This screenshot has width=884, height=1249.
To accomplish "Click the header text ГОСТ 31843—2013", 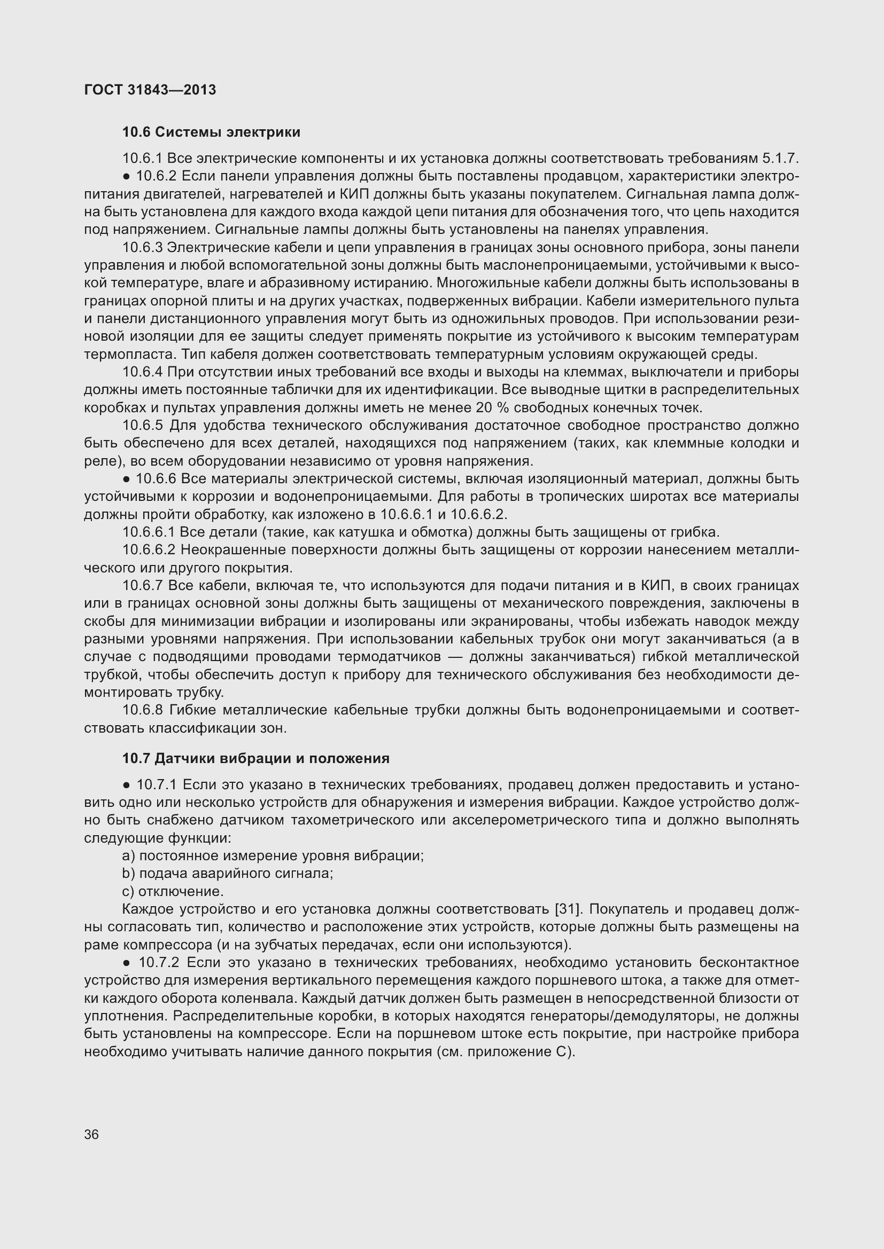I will [150, 90].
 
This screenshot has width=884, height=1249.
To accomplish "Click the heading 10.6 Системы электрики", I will [211, 132].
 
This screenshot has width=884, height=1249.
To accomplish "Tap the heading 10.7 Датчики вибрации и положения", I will [256, 758].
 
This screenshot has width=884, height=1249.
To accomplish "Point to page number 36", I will [91, 1134].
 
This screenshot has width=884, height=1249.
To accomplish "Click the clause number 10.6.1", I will [142, 159].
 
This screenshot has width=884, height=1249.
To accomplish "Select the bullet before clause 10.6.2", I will [126, 176].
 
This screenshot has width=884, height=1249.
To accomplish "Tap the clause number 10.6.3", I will [142, 248].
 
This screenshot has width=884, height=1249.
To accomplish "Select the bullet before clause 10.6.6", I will [126, 479].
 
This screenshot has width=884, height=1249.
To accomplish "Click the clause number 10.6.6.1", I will [149, 532].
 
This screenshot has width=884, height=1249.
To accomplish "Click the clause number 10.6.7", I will [142, 585].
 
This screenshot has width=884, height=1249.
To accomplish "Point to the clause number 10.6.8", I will [142, 710].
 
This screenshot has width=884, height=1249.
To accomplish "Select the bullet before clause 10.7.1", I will [126, 785].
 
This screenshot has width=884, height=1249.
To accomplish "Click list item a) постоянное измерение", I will [272, 855].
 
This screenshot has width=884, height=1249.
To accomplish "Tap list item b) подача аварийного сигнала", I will [228, 874].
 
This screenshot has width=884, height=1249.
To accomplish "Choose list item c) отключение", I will [173, 892].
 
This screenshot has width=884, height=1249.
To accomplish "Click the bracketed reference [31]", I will [565, 909].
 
